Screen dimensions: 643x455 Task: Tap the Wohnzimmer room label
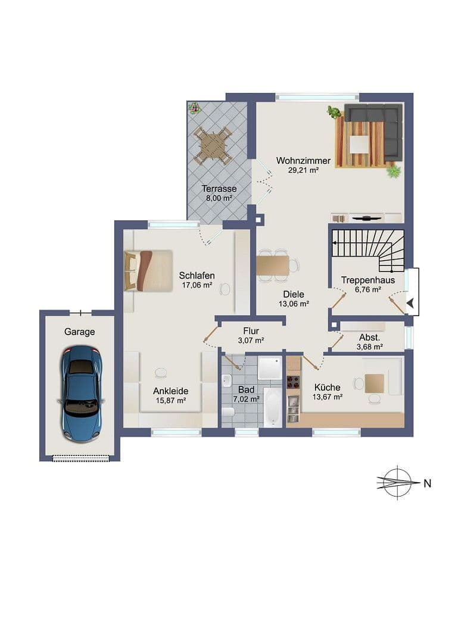point(303,161)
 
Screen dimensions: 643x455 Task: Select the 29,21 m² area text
point(303,170)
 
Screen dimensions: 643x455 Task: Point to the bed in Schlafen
point(148,270)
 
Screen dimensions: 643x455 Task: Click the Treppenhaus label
point(367,280)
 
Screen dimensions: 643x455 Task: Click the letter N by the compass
point(427,483)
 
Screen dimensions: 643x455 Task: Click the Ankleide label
point(170,391)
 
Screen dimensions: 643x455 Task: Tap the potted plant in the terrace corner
point(194,108)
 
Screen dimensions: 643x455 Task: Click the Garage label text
point(80,332)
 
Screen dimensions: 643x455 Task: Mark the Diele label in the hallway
point(294,294)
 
